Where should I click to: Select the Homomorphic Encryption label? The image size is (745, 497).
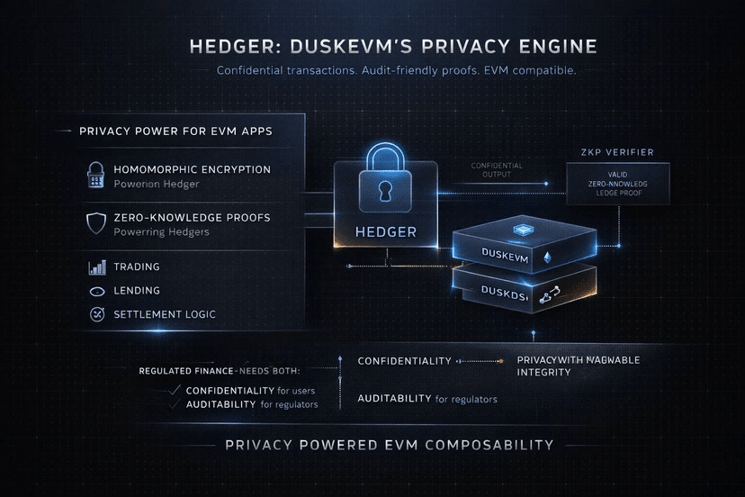pos(192,169)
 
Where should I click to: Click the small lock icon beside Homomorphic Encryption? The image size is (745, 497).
pos(96,176)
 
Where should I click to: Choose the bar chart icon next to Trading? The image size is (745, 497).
pos(96,267)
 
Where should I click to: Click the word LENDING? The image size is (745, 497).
pos(137,291)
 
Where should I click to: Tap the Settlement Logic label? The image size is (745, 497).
pos(165,315)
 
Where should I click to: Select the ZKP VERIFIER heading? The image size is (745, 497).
pos(617,152)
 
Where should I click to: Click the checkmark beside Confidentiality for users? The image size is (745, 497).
pos(175,390)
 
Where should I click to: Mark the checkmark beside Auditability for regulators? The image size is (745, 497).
pos(175,405)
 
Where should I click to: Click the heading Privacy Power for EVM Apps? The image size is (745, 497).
pos(175,131)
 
